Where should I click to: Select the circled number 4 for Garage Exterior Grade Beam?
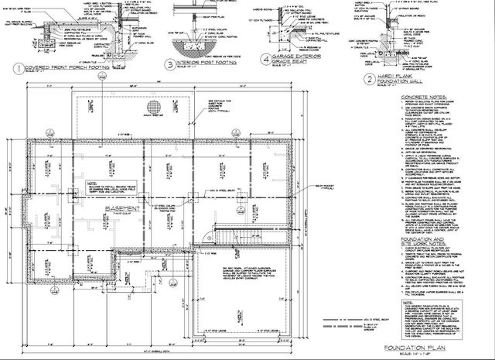266,58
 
